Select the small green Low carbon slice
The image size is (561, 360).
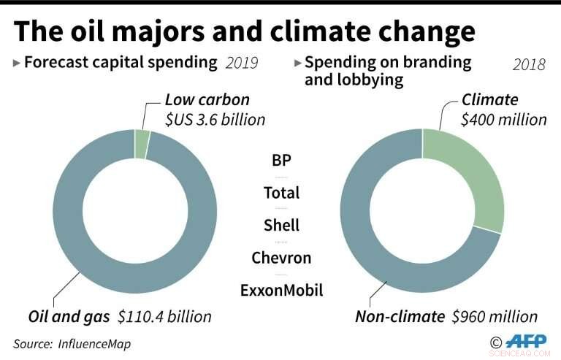142,145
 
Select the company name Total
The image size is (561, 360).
281,193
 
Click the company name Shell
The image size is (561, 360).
281,225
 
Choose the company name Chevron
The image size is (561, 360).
281,257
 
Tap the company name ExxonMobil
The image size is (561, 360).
281,290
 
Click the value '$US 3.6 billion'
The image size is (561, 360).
215,119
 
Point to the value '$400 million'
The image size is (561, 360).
503,119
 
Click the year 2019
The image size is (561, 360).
241,63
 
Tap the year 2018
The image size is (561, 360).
528,65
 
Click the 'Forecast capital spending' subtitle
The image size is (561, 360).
121,62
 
